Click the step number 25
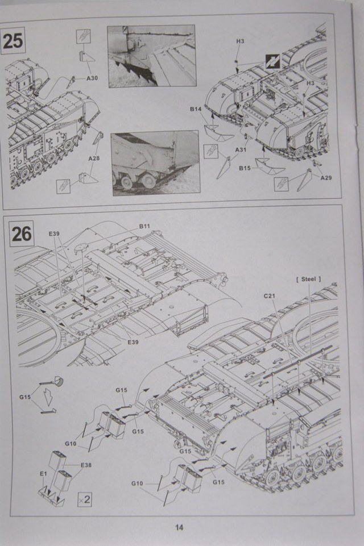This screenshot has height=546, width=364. pos(13,41)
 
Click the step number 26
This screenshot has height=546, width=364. pos(22,234)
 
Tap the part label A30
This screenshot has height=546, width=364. pos(93,78)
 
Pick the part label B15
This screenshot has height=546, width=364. pos(245,168)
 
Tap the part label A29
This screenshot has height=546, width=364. pos(326,178)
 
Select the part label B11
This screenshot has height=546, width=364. pos(144,226)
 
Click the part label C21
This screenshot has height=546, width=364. pos(270,296)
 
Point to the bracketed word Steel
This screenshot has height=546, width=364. pos(308,279)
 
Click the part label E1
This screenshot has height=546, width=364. pos(43,473)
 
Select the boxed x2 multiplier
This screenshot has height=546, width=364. pos(84,499)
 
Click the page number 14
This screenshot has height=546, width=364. pos(179,527)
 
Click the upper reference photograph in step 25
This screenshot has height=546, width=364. pos(151,56)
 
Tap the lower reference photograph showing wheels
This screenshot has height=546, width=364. pos(155,164)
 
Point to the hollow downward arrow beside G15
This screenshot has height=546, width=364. pos(49,398)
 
